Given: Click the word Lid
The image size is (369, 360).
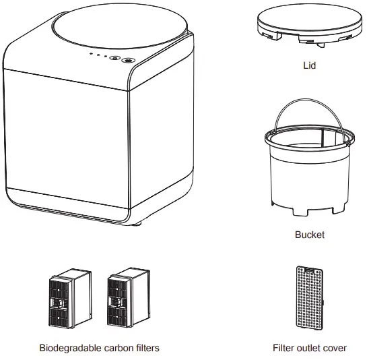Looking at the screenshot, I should pos(309,67).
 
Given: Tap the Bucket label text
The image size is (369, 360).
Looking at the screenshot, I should pos(309,235).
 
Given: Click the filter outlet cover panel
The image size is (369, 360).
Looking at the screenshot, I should pos(309,299).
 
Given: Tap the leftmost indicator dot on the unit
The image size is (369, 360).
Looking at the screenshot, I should pos(90,56).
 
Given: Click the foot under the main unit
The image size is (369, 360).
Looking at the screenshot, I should pos(138,221).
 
